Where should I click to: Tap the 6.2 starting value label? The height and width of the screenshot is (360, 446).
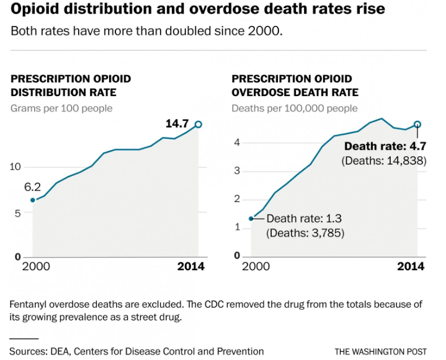32,186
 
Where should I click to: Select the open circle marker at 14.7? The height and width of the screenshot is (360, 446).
198,125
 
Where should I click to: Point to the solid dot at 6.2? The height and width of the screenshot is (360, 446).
33,200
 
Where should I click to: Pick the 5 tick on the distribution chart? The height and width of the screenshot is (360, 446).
18,213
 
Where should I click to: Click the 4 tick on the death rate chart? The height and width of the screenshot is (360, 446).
236,143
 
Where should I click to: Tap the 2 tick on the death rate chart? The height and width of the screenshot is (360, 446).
236,199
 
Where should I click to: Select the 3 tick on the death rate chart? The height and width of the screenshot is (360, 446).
236,171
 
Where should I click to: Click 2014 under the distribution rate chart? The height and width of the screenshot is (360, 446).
191,266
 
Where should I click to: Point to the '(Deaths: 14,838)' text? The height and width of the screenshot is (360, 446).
383,160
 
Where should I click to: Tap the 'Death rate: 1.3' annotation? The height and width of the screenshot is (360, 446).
305,218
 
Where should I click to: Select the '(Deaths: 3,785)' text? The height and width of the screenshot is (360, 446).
305,233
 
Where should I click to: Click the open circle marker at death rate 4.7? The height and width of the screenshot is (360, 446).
417,125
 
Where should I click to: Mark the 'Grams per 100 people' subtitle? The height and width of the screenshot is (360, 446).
62,108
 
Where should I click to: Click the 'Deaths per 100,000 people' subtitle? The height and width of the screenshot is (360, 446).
295,108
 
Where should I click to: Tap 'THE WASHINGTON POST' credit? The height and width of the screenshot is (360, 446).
380,351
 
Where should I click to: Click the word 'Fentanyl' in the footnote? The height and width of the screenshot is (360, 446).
30,305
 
